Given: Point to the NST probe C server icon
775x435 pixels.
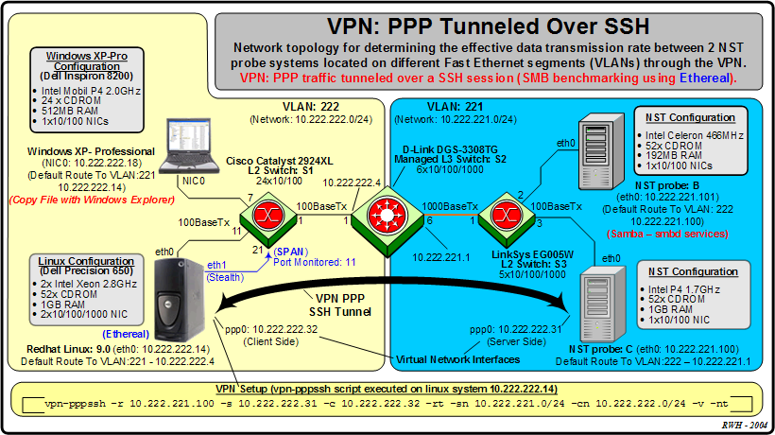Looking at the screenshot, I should (x=600, y=303).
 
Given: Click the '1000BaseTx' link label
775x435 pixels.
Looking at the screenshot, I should (x=443, y=206).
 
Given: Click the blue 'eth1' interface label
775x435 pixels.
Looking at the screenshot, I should (x=217, y=265).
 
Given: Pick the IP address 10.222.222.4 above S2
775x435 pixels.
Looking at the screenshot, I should (x=353, y=183).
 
